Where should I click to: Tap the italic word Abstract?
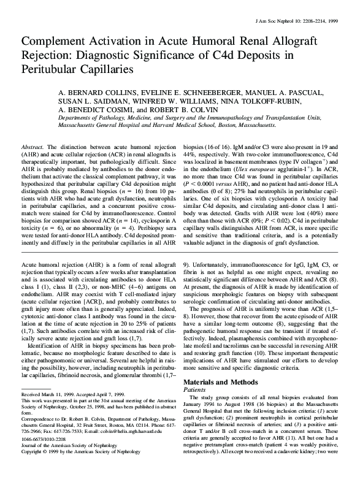(33, 148)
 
